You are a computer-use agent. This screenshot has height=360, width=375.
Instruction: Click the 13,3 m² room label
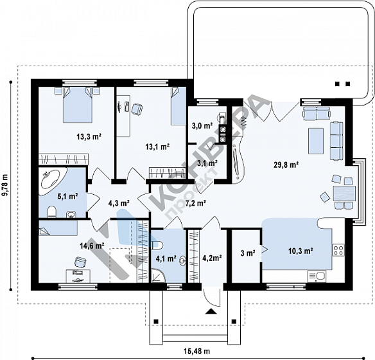pos(89,137)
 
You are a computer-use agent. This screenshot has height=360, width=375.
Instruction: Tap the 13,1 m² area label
pos(157,147)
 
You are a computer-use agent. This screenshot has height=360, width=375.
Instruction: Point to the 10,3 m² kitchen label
pos(301,251)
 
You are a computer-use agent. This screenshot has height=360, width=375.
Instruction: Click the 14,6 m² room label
pos(92,246)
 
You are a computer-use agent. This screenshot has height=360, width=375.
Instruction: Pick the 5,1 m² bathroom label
pos(67,197)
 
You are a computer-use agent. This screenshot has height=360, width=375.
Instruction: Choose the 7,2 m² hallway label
pos(196,203)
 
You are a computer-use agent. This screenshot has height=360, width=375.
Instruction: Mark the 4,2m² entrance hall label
pos(212,258)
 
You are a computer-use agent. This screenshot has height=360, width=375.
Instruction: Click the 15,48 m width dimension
pos(197,352)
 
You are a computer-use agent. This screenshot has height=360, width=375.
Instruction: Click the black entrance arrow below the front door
pos(211,311)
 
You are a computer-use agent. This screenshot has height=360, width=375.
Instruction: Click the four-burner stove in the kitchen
pos(338,250)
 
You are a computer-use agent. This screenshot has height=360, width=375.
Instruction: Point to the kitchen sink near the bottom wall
pos(317,276)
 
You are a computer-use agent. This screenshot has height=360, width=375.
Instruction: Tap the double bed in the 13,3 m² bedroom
pos(78,105)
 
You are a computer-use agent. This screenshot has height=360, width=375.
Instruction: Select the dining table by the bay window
pos(344,194)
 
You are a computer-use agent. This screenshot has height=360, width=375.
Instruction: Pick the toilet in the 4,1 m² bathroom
pos(157,244)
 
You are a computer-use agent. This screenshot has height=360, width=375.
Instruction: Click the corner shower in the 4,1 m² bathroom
pos(158,276)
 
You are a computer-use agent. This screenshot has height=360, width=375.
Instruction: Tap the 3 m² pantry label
pos(248,253)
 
